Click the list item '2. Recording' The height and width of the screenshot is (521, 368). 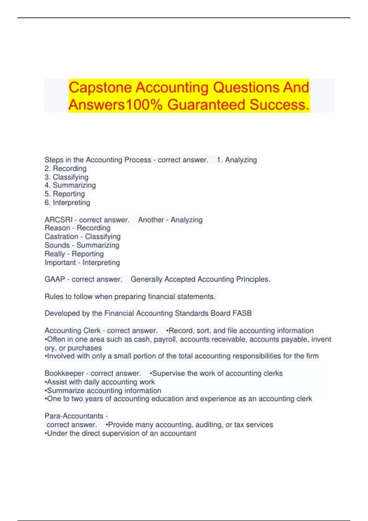(x=66, y=169)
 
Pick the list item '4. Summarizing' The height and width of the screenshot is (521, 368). (x=70, y=185)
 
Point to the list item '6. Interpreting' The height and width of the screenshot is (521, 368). (x=67, y=203)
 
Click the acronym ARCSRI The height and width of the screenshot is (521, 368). (x=58, y=220)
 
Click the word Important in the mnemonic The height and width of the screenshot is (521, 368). (x=60, y=263)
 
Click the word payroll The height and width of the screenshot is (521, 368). (x=165, y=340)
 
